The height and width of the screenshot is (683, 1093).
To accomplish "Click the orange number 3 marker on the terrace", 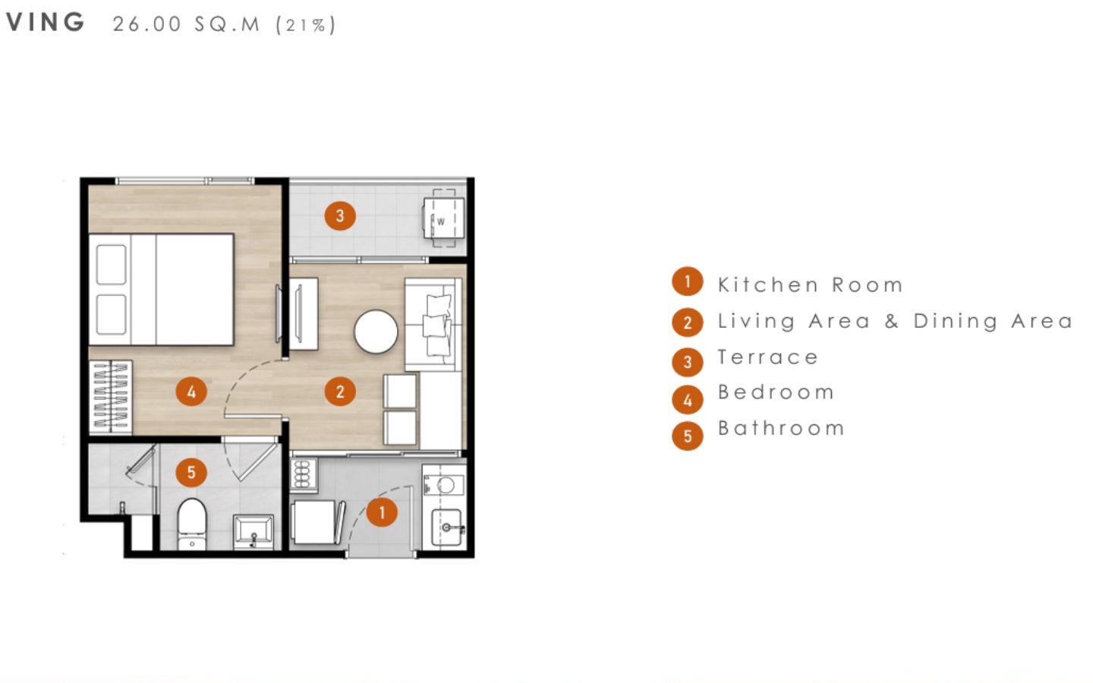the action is pyautogui.click(x=340, y=216).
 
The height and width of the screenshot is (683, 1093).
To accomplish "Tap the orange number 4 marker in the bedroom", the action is pyautogui.click(x=191, y=392).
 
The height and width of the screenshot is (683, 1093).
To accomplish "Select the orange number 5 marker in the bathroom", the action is pyautogui.click(x=191, y=472).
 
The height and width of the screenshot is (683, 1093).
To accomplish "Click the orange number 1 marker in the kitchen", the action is pyautogui.click(x=382, y=512).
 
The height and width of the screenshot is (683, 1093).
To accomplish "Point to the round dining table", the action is pyautogui.click(x=376, y=332).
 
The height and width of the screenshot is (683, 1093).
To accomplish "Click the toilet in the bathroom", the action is pyautogui.click(x=192, y=524).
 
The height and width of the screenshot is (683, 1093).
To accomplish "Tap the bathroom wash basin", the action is pyautogui.click(x=254, y=531).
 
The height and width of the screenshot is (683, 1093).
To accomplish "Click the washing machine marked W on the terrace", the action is pyautogui.click(x=443, y=218).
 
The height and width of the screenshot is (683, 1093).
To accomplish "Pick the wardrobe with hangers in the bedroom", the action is pyautogui.click(x=111, y=397).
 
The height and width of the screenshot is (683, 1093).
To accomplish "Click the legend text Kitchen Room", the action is pyautogui.click(x=811, y=285).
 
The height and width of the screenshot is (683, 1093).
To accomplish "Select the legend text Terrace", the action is pyautogui.click(x=768, y=357).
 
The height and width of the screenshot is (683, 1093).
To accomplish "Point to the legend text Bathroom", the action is pyautogui.click(x=781, y=428).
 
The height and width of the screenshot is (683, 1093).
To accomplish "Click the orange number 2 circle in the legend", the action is pyautogui.click(x=688, y=322).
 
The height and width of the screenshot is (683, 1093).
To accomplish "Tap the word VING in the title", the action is pyautogui.click(x=45, y=22).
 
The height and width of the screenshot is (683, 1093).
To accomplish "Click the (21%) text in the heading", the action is pyautogui.click(x=306, y=25).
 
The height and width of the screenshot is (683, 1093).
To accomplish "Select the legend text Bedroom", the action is pyautogui.click(x=776, y=392).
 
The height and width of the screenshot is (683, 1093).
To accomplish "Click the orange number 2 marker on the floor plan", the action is pyautogui.click(x=340, y=392).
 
